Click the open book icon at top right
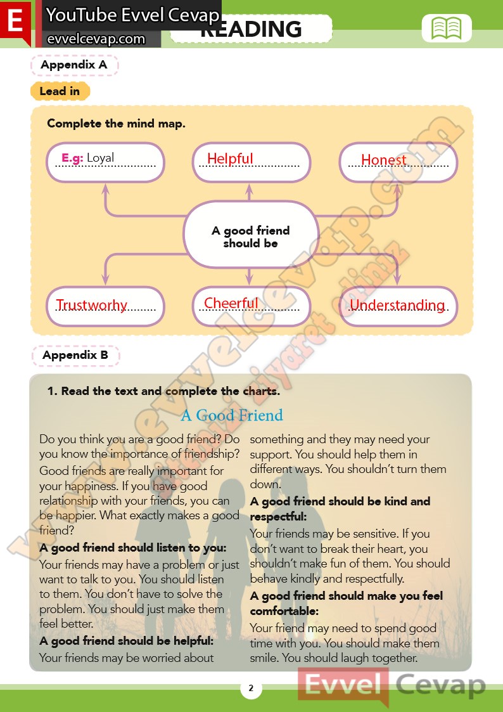447,29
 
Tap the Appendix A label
74,65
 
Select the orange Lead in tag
60,91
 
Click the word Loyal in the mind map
101,158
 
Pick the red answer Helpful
230,159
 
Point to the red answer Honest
383,160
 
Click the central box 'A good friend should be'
250,236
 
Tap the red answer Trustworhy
92,305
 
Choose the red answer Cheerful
231,303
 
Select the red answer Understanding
397,305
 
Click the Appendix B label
75,355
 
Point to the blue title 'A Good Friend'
232,415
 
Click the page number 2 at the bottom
251,689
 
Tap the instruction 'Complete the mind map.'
116,124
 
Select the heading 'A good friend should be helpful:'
127,641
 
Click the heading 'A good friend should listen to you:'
133,547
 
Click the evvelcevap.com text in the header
96,39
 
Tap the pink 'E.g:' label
72,158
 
